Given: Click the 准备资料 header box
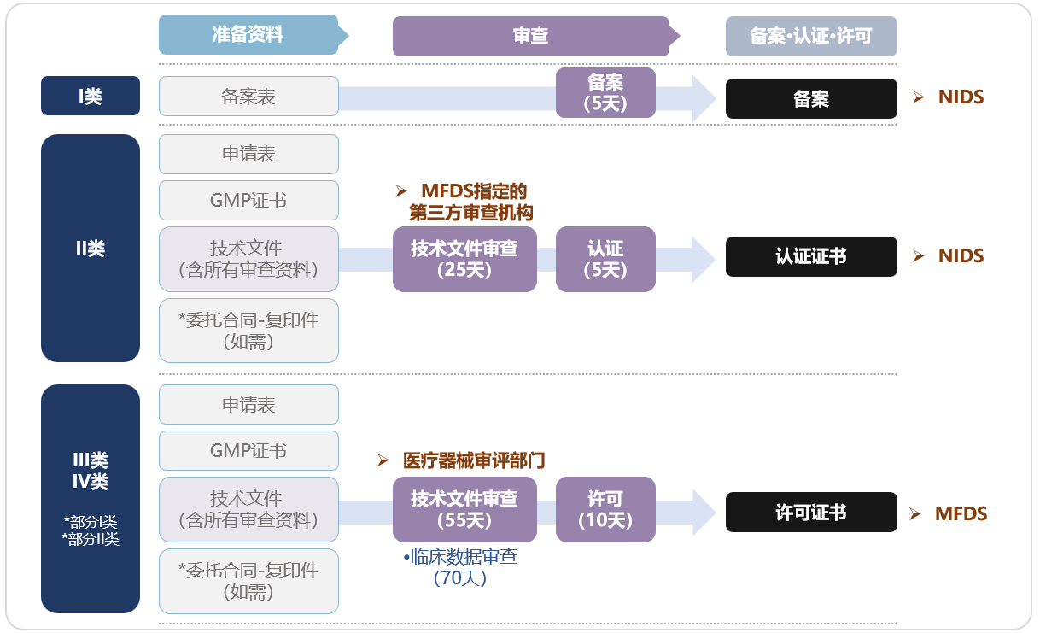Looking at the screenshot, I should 248,35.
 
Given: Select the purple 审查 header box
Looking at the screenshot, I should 530,36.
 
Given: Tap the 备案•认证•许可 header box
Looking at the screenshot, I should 811,36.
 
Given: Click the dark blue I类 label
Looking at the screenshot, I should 91,96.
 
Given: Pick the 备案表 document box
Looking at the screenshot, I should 248,96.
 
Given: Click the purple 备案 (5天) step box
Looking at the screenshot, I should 605,93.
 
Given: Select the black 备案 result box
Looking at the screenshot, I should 811,99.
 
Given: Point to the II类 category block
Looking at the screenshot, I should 91,248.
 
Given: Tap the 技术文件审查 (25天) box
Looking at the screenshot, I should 464,259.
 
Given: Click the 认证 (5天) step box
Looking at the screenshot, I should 605,259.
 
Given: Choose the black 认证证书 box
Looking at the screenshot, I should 811,256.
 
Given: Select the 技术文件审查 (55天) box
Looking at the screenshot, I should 464,509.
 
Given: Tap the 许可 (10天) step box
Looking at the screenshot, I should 605,509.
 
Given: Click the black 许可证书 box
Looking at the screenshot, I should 811,513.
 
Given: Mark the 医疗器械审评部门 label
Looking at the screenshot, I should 473,460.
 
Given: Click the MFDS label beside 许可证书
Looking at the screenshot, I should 961,513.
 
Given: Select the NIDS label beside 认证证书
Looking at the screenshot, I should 961,255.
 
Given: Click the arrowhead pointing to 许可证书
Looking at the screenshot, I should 704,510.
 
